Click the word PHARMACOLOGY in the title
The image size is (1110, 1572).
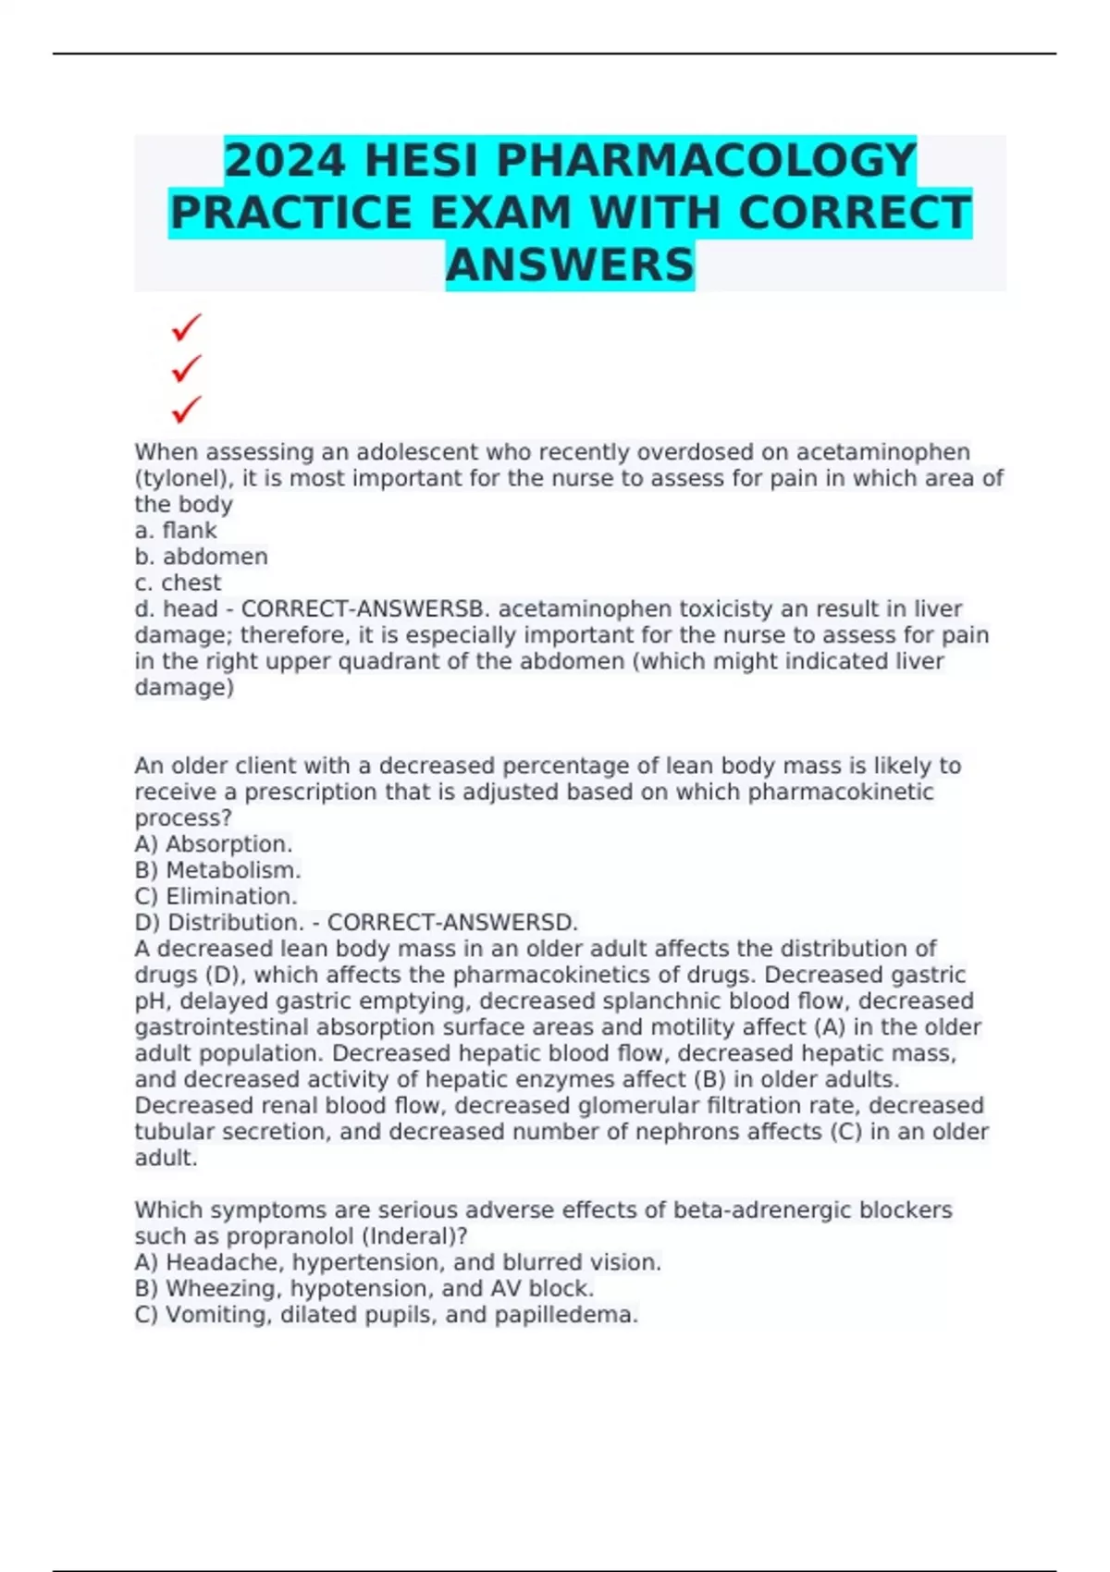pyautogui.click(x=707, y=161)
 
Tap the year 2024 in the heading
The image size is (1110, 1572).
pyautogui.click(x=285, y=161)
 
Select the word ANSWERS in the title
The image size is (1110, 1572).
pyautogui.click(x=570, y=264)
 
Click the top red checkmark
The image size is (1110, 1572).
pyautogui.click(x=186, y=327)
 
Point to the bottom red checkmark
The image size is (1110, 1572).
pyautogui.click(x=186, y=409)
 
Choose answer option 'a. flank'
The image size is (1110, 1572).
pyautogui.click(x=176, y=531)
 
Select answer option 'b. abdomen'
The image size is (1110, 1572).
pyautogui.click(x=201, y=557)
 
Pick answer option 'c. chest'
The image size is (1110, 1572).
pyautogui.click(x=178, y=583)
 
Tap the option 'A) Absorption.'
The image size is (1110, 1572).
pyautogui.click(x=214, y=844)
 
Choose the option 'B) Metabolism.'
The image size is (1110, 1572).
pyautogui.click(x=217, y=870)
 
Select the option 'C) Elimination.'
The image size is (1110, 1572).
pyautogui.click(x=216, y=896)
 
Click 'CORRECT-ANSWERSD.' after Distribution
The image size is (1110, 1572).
pyautogui.click(x=452, y=923)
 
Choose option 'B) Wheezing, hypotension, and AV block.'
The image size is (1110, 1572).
pyautogui.click(x=364, y=1289)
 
